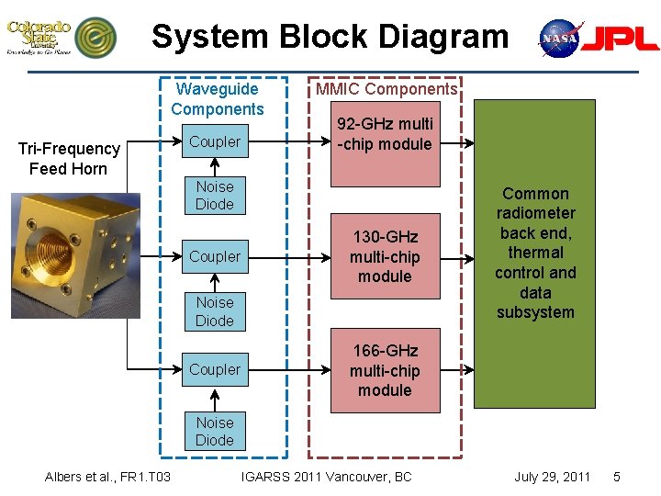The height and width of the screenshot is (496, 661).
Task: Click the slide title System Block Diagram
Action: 330,37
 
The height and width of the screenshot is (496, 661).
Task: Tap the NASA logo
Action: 559,38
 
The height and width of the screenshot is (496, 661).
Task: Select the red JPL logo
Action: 622,38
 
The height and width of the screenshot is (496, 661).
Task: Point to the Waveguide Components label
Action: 217,99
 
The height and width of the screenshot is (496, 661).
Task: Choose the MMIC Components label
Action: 386,89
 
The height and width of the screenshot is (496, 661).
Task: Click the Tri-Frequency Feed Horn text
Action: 69,158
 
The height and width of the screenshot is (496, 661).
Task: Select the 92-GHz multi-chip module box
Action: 385,134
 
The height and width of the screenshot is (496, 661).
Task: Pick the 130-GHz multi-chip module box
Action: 385,257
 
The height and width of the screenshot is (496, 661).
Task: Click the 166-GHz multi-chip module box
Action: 385,370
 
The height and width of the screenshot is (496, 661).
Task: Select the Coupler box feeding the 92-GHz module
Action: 215,142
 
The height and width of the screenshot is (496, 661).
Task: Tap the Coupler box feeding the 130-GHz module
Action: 215,257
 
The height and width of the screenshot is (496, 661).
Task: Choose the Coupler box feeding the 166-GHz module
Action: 215,370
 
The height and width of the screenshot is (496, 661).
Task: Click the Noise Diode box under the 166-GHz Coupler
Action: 215,431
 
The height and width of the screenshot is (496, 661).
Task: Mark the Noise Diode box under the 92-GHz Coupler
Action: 215,195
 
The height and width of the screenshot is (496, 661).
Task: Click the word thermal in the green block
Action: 535,253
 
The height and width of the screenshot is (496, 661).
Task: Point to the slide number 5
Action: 617,477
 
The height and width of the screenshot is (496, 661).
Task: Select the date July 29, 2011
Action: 552,477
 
